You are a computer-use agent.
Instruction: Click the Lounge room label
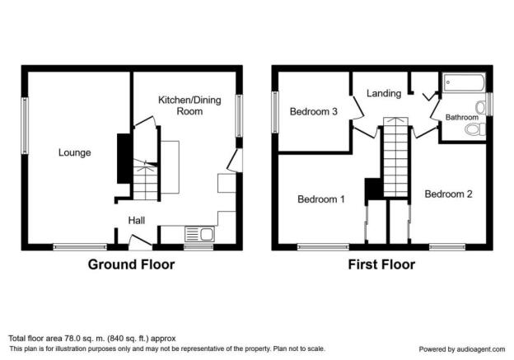[x=75, y=152]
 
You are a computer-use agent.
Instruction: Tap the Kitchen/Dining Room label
[x=189, y=105]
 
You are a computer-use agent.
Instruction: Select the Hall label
[x=137, y=220]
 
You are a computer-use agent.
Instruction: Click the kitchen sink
[x=199, y=234]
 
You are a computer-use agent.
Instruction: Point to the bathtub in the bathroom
[x=464, y=83]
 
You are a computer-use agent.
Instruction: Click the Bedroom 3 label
[x=313, y=111]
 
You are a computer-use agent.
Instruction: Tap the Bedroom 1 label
[x=321, y=199]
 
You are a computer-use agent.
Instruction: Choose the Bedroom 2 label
[x=448, y=194]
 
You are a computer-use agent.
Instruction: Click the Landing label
[x=384, y=93]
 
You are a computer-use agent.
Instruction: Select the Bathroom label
[x=461, y=117]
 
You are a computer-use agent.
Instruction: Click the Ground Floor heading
[x=131, y=264]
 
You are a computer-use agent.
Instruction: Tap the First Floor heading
[x=381, y=264]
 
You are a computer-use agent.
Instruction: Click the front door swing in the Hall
[x=140, y=242]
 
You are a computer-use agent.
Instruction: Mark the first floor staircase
[x=395, y=157]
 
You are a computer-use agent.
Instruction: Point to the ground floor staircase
[x=146, y=180]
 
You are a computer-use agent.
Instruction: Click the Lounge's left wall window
[x=25, y=125]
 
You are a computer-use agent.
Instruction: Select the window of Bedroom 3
[x=275, y=112]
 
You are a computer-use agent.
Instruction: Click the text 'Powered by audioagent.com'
[x=462, y=349]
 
